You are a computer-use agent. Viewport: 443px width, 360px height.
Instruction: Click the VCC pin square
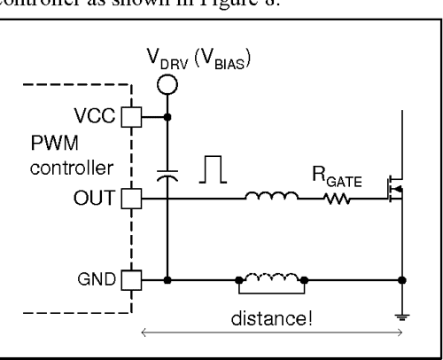[x=130, y=115]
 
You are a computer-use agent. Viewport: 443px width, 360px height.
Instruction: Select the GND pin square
[x=130, y=281]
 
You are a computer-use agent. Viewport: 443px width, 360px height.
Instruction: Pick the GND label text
[x=100, y=281]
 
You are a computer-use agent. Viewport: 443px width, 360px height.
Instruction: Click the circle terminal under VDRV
[x=167, y=84]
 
